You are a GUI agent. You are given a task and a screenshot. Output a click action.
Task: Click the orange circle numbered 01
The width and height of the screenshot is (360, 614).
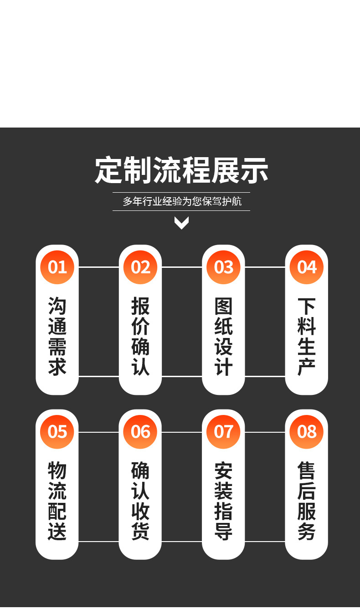coord(57,267)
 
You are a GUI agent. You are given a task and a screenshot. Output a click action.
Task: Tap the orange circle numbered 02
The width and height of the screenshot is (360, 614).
coord(140,267)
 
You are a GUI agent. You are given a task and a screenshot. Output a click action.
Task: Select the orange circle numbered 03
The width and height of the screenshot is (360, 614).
coord(223,267)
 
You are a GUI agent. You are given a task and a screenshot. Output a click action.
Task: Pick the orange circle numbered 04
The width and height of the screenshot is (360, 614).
coord(307,267)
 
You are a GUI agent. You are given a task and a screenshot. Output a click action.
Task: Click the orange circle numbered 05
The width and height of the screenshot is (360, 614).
coord(57,431)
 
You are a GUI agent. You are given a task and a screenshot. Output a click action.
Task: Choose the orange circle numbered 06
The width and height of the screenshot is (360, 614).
coord(140,431)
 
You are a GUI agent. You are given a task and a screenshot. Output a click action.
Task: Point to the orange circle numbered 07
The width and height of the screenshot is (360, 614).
coord(223,431)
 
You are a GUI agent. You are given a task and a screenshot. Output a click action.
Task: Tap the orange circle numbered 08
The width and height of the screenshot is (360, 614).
coord(307,431)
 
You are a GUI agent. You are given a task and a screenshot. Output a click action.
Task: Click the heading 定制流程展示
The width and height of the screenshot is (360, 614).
coord(181,170)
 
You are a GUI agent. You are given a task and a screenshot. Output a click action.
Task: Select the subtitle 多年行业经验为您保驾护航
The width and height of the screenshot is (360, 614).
coord(181,201)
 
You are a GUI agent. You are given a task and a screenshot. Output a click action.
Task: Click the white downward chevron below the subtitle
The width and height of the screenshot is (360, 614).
coord(181,223)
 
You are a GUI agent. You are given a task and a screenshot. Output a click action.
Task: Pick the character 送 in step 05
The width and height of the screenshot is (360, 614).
coord(57,532)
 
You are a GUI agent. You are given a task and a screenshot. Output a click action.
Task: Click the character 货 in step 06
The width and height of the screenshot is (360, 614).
coord(140,532)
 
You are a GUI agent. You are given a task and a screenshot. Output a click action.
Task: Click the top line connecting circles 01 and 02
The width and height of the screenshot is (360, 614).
coord(99,267)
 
